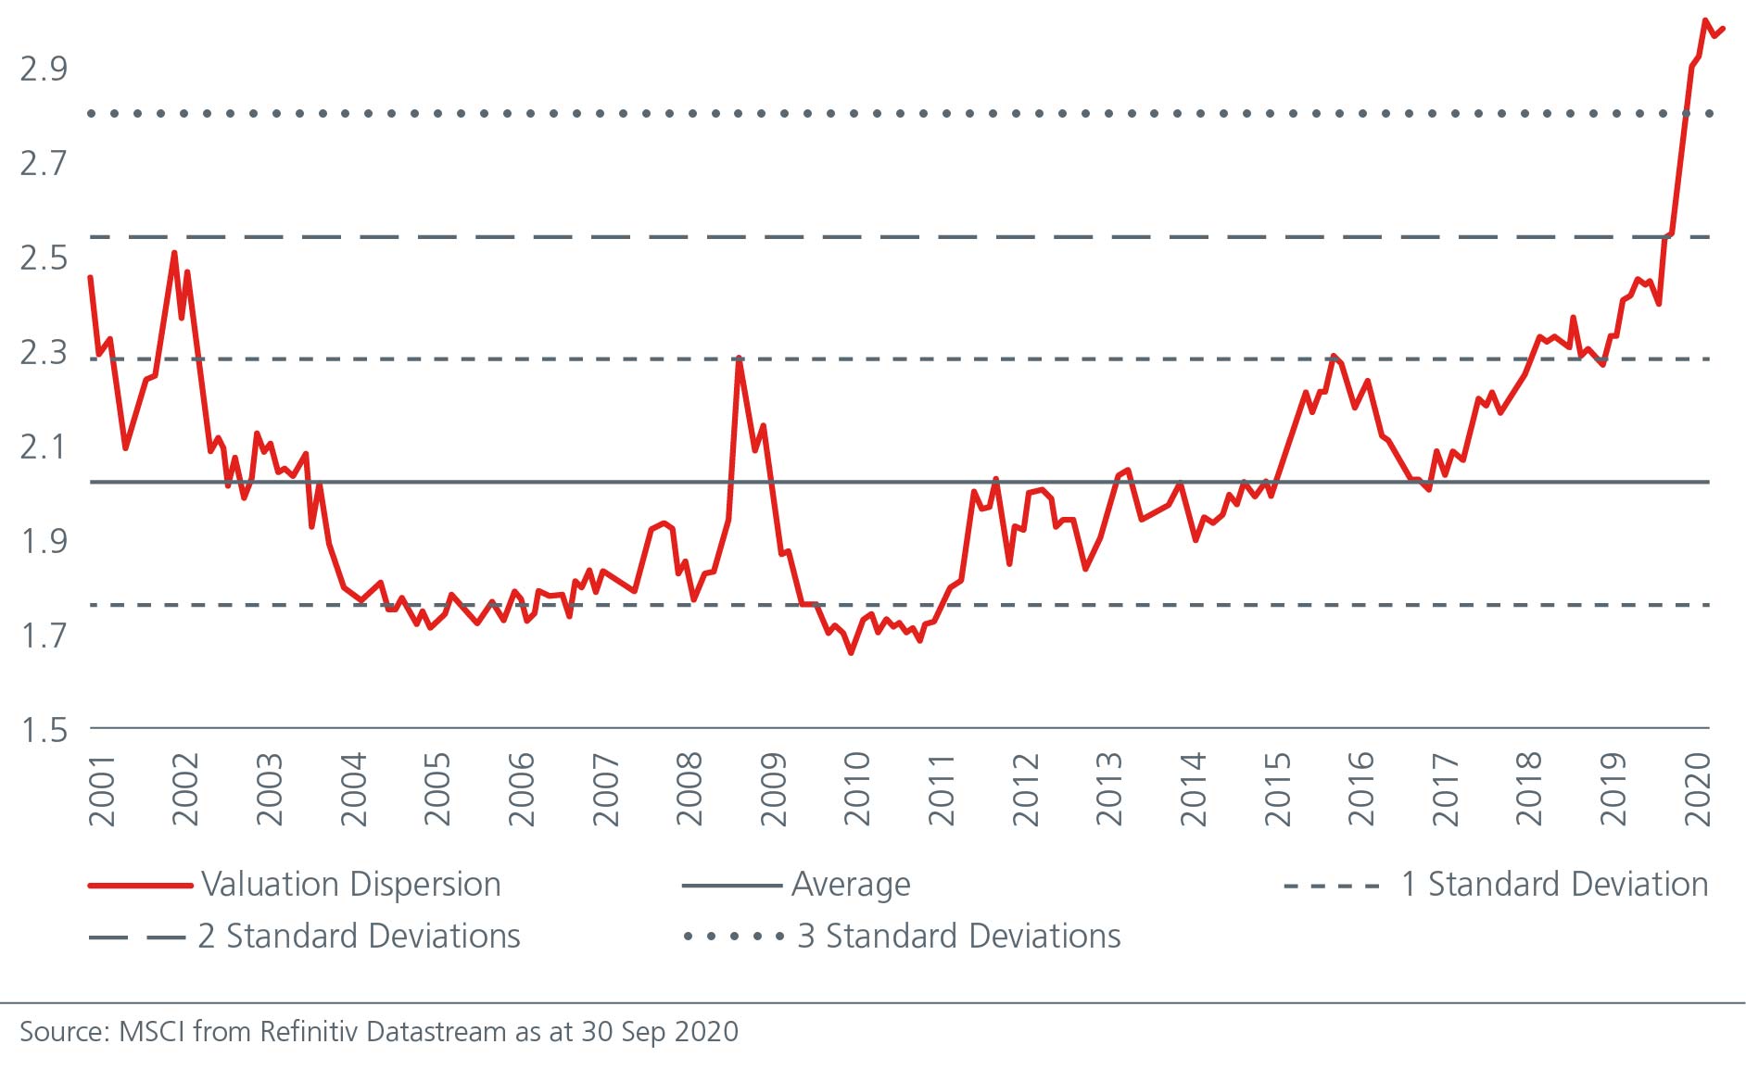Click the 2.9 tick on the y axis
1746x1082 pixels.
(x=44, y=69)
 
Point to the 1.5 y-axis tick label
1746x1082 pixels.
(x=44, y=730)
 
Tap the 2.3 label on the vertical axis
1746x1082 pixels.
(x=44, y=352)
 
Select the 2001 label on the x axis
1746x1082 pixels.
(x=102, y=790)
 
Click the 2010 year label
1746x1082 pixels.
(x=857, y=790)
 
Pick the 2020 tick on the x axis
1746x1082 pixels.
(x=1697, y=790)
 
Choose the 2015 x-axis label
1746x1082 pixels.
(x=1277, y=790)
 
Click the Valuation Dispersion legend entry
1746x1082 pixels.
(x=350, y=885)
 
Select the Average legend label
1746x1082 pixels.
(x=851, y=885)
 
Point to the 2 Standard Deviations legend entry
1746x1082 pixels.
(x=359, y=937)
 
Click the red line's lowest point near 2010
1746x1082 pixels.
(x=851, y=653)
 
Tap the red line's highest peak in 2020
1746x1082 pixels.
(x=1705, y=20)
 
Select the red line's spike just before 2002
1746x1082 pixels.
(x=174, y=253)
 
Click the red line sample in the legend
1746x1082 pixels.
(x=140, y=886)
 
